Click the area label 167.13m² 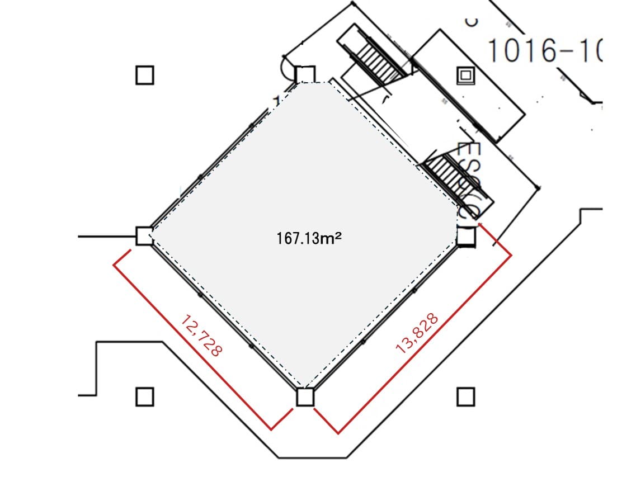[x=309, y=238]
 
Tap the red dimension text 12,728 [x=202, y=336]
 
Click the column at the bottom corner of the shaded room [x=305, y=397]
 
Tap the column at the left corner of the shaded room [x=144, y=236]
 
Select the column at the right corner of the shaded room [x=466, y=237]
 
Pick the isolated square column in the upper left [x=144, y=74]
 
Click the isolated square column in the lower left [x=144, y=397]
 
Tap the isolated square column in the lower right [x=465, y=397]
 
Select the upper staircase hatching [x=380, y=60]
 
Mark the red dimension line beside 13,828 [x=425, y=344]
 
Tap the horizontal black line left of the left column [x=106, y=237]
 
